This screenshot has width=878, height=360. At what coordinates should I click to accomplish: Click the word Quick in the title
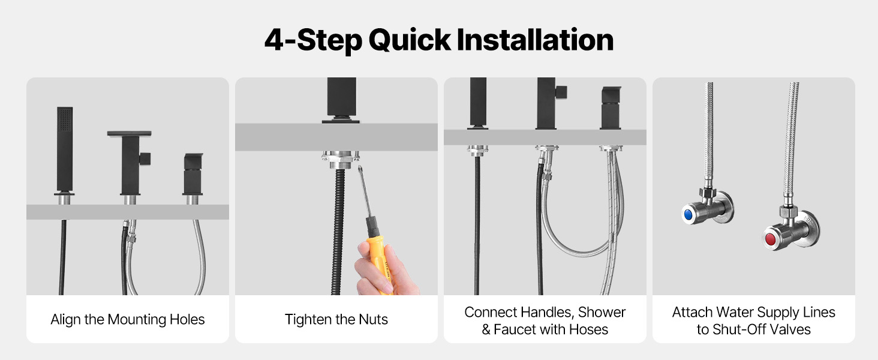410,41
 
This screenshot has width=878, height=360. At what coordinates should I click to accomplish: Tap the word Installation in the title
535,40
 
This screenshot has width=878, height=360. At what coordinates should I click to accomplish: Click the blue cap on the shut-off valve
687,215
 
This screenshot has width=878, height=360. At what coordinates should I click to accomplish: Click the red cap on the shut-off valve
770,239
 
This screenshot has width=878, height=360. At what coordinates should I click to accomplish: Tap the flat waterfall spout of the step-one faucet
129,134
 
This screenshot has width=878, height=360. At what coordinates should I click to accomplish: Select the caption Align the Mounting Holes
127,320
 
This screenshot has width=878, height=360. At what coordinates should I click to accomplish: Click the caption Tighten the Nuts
336,320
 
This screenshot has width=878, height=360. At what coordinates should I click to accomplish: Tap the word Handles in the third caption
547,312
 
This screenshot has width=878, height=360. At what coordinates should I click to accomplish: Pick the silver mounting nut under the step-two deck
341,160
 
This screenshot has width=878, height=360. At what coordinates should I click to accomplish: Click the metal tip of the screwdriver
360,170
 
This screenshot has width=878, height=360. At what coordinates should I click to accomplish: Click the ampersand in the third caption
486,329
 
